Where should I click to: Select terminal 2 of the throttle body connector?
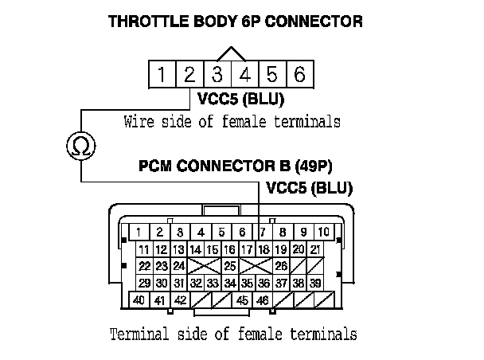189,76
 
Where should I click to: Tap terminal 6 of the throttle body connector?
299,76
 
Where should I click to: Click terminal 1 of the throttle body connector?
162,76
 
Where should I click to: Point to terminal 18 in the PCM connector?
264,249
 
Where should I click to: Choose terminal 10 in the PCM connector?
323,233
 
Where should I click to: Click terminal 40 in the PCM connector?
139,301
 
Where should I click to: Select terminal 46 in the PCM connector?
263,301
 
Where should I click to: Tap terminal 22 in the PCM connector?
145,266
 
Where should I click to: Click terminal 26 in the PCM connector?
281,266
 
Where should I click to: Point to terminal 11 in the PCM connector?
145,249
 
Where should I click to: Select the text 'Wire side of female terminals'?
232,123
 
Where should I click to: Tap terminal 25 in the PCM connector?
230,266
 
